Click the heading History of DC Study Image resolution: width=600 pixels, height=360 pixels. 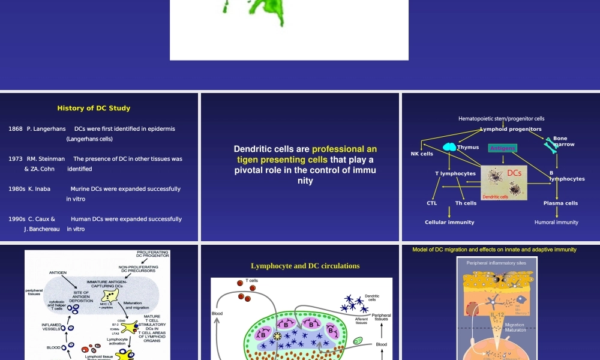(x=94, y=109)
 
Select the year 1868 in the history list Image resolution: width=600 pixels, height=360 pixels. (x=16, y=129)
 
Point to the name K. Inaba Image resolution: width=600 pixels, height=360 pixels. (x=39, y=189)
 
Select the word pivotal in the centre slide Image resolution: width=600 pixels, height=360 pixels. (x=251, y=170)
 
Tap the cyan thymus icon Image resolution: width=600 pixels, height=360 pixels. (x=449, y=146)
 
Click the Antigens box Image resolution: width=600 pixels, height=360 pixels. (x=502, y=148)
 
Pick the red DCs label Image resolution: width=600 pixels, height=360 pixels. (x=514, y=173)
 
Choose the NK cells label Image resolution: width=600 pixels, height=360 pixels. (x=422, y=154)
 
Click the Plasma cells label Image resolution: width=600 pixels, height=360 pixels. (x=560, y=203)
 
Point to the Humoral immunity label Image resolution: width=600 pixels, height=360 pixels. (x=556, y=223)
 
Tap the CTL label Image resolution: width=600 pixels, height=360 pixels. (x=432, y=203)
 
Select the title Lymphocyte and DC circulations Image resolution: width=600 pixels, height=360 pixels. (x=305, y=266)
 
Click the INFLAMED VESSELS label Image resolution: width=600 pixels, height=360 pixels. (x=52, y=326)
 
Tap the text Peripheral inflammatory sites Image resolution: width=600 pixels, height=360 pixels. (x=496, y=263)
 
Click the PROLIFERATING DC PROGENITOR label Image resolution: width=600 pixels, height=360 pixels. (x=153, y=254)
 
